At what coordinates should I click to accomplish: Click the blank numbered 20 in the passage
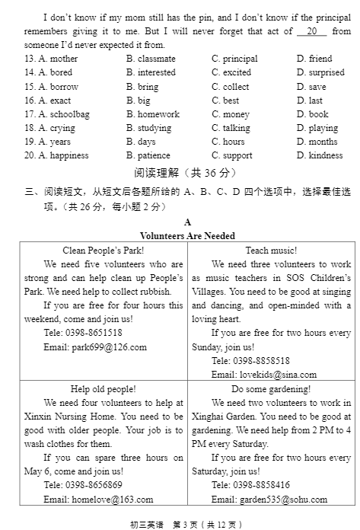coord(312,31)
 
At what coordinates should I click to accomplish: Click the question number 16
coord(30,101)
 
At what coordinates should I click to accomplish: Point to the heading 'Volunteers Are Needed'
coord(187,236)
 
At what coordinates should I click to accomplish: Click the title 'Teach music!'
coord(271,250)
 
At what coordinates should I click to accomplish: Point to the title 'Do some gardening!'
coord(271,388)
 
